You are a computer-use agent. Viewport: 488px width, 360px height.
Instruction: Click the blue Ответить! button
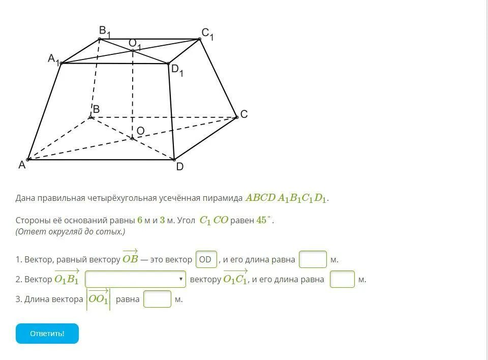coord(47,334)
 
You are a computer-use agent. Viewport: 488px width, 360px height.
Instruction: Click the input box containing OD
coord(206,259)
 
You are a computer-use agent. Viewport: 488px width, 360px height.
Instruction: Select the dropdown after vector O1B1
coord(135,279)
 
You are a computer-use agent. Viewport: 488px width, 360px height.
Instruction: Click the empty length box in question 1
coord(313,259)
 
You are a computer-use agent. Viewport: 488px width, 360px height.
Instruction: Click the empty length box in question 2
coord(342,279)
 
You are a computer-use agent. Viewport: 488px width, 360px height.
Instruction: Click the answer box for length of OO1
coord(157,299)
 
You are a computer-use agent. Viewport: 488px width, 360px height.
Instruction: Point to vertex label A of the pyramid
coord(22,165)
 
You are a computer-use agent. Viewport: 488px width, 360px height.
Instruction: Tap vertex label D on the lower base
coord(179,167)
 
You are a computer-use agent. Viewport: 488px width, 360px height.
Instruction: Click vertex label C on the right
coord(244,114)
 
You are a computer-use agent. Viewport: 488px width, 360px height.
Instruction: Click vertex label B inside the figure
coord(96,109)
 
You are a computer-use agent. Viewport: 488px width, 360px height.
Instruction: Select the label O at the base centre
coord(140,131)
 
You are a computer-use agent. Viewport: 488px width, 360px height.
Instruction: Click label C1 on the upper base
coord(207,35)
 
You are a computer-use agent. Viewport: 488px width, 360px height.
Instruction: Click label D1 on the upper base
coord(177,70)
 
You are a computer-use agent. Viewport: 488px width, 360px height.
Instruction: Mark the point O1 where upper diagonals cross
coord(133,50)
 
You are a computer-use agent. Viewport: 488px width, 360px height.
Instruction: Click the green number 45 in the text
coord(262,220)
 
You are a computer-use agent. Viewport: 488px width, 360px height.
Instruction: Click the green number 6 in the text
coord(139,220)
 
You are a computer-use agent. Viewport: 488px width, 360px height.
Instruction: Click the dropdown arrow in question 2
coord(181,279)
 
